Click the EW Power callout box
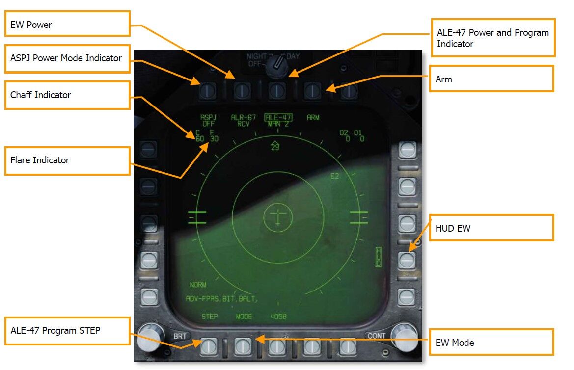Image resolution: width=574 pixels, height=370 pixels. coord(68,24)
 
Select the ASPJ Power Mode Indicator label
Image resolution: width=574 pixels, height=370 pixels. coord(68,58)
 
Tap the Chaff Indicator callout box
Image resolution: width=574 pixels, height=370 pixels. coord(68,95)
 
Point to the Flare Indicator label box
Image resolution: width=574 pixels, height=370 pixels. coord(68,160)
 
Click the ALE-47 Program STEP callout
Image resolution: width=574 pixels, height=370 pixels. coord(68,331)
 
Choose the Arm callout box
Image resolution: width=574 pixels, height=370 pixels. coord(492,79)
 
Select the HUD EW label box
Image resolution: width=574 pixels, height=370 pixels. coord(492,228)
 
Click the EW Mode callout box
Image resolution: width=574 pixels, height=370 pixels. coord(492,343)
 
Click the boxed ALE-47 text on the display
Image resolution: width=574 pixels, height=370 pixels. coord(278,117)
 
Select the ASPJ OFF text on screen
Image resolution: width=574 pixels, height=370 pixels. coord(209,121)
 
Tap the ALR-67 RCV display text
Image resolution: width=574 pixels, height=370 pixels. coord(241,121)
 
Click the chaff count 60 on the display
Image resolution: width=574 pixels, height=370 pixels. coord(199,139)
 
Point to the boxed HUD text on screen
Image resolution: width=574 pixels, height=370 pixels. coord(378,257)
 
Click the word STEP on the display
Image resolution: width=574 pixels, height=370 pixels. coord(210,317)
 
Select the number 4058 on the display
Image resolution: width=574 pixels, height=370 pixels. coord(278,317)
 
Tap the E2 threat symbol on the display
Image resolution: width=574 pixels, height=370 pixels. coord(334,176)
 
